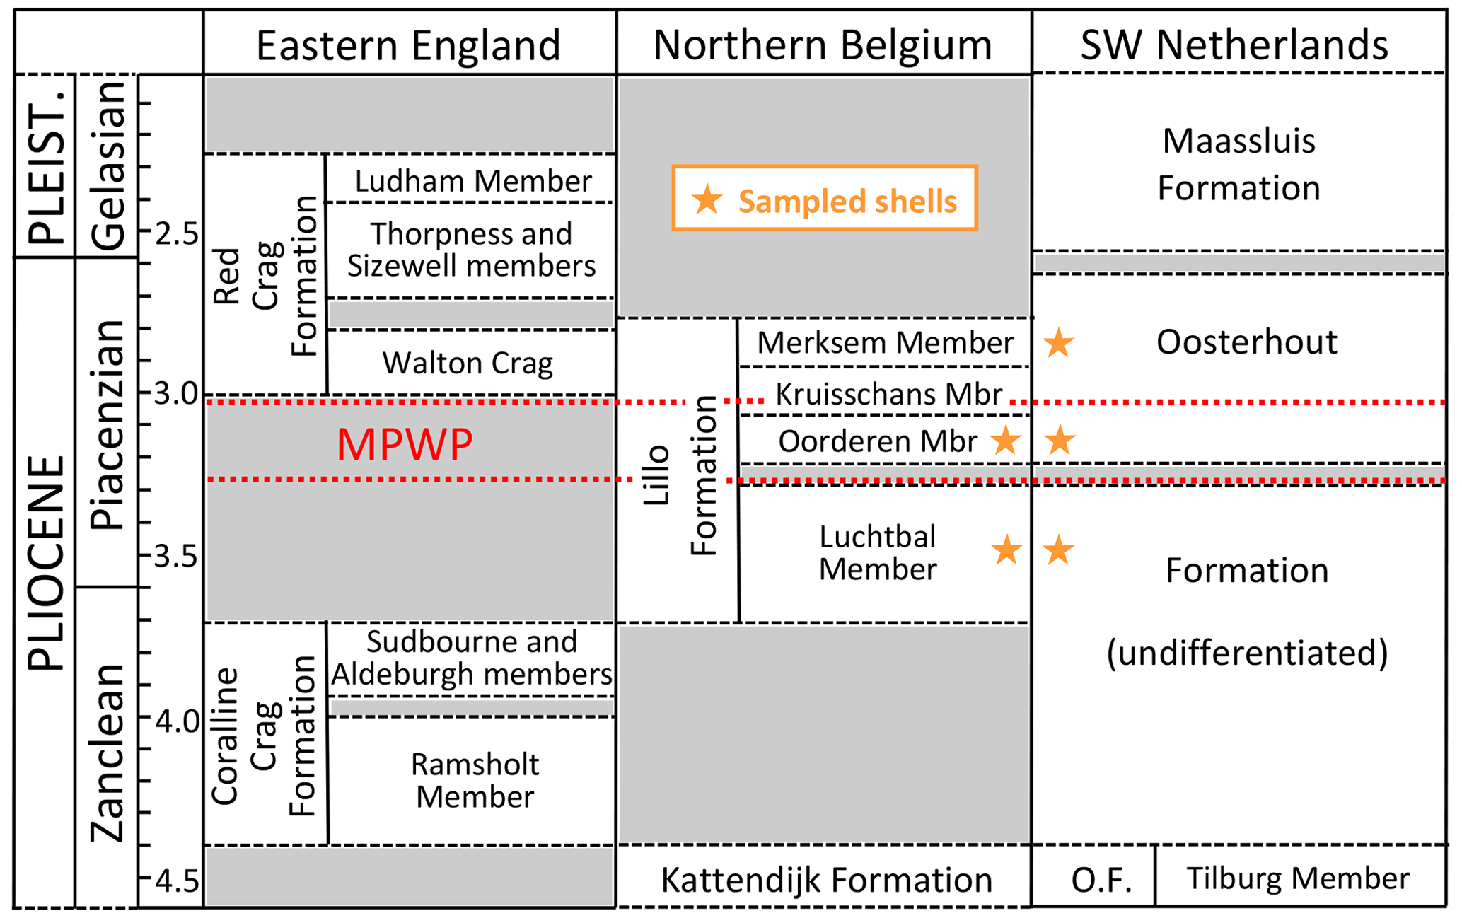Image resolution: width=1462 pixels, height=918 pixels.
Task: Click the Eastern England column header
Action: (x=408, y=46)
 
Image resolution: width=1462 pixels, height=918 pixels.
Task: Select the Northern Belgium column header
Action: (x=823, y=46)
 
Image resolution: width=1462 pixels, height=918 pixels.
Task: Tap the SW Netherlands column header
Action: (x=1234, y=46)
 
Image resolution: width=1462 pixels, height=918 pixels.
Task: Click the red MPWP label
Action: (x=405, y=445)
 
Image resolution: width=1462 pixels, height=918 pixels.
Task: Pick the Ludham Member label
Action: (x=472, y=181)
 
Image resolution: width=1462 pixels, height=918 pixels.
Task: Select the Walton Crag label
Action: (x=468, y=364)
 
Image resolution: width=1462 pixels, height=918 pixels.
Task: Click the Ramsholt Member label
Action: (x=475, y=780)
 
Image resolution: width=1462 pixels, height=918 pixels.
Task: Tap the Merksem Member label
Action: (x=886, y=343)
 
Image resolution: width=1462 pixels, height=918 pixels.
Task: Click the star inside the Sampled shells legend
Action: (x=707, y=200)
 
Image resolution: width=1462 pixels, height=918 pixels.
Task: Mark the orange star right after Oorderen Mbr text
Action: (x=1005, y=441)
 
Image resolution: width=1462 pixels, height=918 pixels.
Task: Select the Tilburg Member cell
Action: (x=1298, y=878)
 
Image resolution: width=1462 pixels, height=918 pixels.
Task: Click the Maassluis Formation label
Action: (x=1238, y=165)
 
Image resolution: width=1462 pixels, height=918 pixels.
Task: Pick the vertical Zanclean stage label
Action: (x=108, y=753)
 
